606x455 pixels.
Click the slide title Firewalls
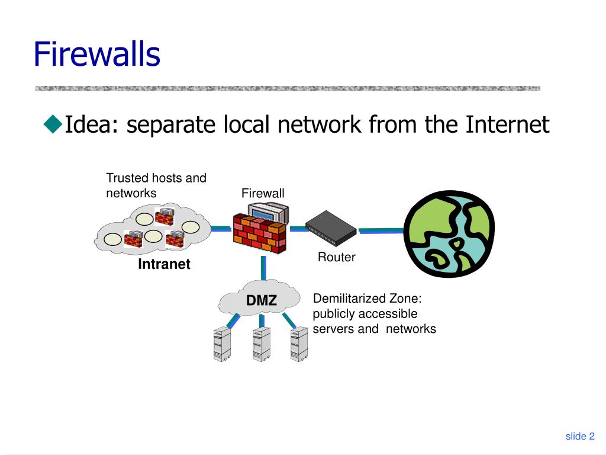[x=96, y=54]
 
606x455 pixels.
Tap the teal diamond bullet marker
[x=53, y=124]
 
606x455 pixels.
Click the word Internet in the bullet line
[x=507, y=124]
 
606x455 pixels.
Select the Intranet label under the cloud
[x=164, y=264]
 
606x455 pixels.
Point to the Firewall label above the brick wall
[x=263, y=193]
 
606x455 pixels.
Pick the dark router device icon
[x=331, y=228]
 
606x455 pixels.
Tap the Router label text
[x=336, y=257]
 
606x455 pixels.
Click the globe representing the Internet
[x=449, y=233]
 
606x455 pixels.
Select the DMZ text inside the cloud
[x=261, y=300]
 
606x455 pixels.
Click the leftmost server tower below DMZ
[x=223, y=344]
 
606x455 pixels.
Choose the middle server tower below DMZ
[x=262, y=344]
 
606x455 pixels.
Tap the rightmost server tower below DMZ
[x=299, y=344]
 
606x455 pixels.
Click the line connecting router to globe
[x=381, y=230]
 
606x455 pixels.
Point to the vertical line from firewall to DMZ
[x=263, y=268]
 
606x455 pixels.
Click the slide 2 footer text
[x=580, y=437]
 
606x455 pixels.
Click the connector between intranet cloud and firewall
[x=221, y=229]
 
